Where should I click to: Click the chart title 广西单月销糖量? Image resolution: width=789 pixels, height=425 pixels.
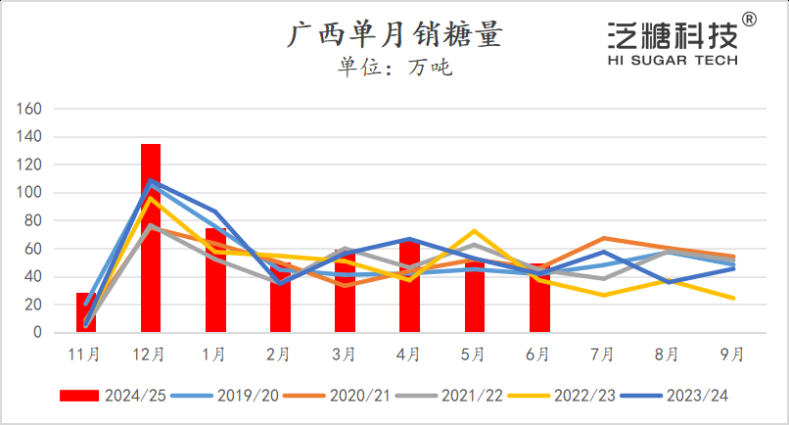tap(394, 36)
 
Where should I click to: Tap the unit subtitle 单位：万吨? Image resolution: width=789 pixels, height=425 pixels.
tap(394, 68)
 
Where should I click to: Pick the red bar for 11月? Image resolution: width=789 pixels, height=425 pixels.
tap(86, 312)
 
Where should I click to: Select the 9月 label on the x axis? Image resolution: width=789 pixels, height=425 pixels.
tap(732, 353)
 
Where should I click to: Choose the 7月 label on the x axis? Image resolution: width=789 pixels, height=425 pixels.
tap(603, 353)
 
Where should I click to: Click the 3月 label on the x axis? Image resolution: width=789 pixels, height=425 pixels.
tap(345, 353)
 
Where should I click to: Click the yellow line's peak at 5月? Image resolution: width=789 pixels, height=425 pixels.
tap(474, 231)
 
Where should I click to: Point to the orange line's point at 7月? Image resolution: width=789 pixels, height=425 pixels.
tap(603, 238)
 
